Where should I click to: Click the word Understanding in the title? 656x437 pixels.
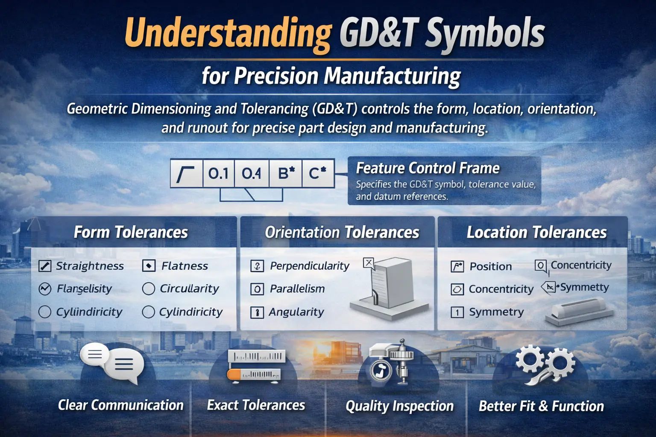pos(228,33)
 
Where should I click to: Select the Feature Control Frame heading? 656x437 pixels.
pos(428,168)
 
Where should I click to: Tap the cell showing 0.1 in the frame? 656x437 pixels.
pos(218,173)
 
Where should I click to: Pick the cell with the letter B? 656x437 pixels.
pos(286,173)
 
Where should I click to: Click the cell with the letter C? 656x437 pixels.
pos(317,173)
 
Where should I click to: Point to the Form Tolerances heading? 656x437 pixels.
pos(131,232)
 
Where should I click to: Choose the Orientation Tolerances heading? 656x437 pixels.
pos(342,232)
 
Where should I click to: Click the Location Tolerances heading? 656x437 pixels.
pos(536,232)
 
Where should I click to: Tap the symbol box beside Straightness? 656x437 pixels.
pos(45,266)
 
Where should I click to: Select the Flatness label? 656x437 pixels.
pos(184,266)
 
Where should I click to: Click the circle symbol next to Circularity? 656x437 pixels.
pos(148,289)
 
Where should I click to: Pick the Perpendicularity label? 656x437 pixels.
pos(310,266)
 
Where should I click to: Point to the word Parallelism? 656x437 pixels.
pos(297,289)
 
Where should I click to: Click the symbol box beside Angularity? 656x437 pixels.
pos(257,312)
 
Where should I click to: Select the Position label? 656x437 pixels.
pos(490,266)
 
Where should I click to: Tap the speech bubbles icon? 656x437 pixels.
pos(112,362)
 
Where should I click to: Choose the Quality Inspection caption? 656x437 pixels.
pos(399,406)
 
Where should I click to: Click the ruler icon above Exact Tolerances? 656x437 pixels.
pos(256,365)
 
